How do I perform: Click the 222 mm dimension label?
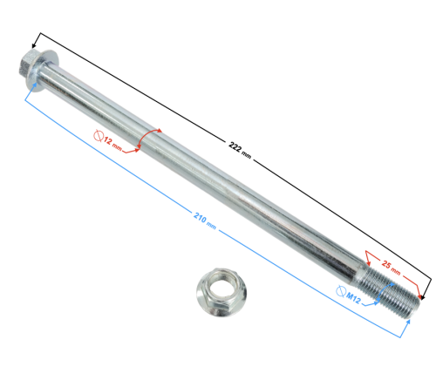[239, 153]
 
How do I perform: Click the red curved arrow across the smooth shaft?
[150, 141]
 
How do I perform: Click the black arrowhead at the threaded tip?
[426, 296]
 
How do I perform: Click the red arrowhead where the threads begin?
[367, 259]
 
